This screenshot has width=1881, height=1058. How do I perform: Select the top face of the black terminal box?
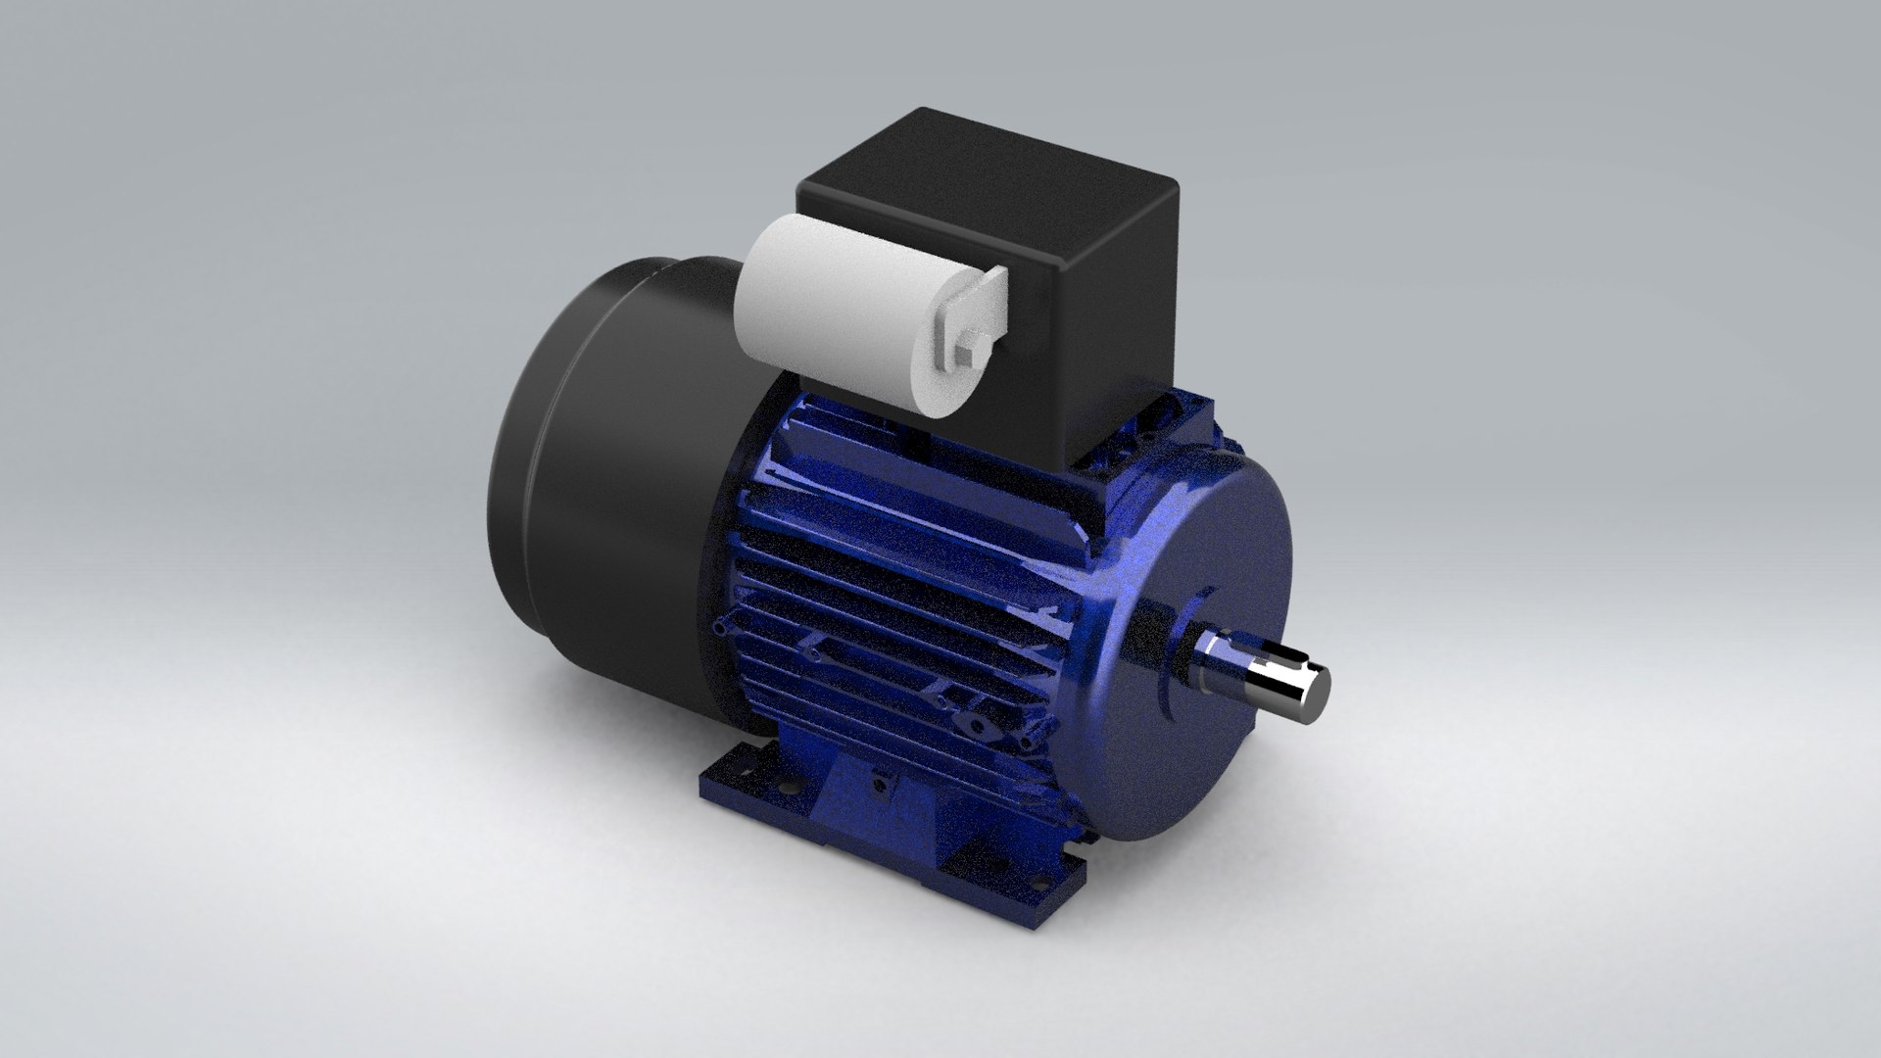click(989, 196)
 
